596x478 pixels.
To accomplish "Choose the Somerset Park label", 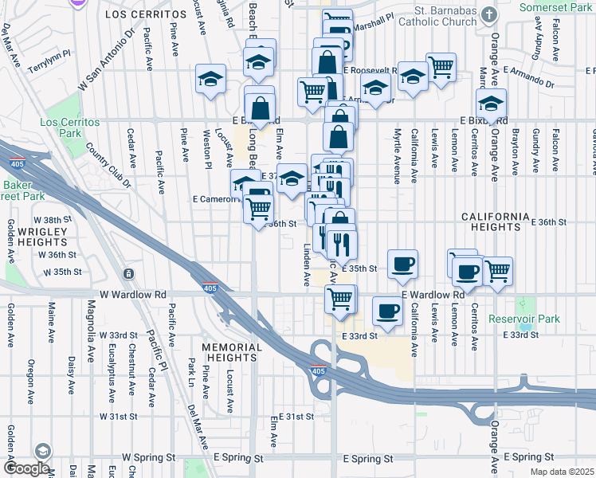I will tap(555, 6).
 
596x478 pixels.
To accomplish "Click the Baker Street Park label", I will tap(22, 190).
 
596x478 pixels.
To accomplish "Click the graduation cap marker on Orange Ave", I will tap(491, 104).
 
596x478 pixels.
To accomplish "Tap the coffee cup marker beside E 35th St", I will tap(402, 264).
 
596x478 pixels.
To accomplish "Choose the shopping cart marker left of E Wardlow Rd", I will tap(340, 299).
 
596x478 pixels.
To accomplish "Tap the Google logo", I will tap(26, 468).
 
